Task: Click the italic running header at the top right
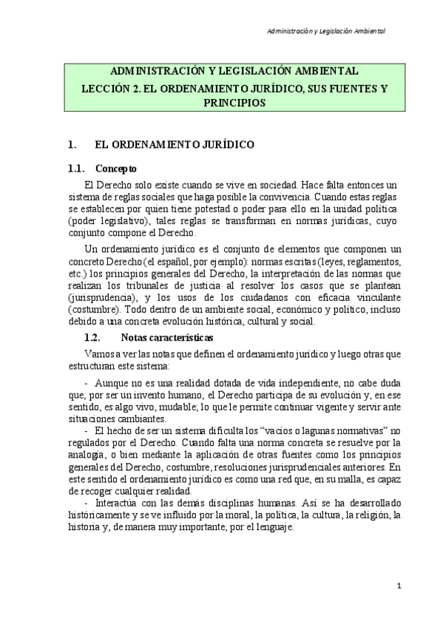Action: tap(326, 31)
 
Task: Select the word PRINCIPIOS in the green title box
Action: tap(233, 104)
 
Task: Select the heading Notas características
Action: tap(162, 336)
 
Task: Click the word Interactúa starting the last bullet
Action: tap(121, 504)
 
